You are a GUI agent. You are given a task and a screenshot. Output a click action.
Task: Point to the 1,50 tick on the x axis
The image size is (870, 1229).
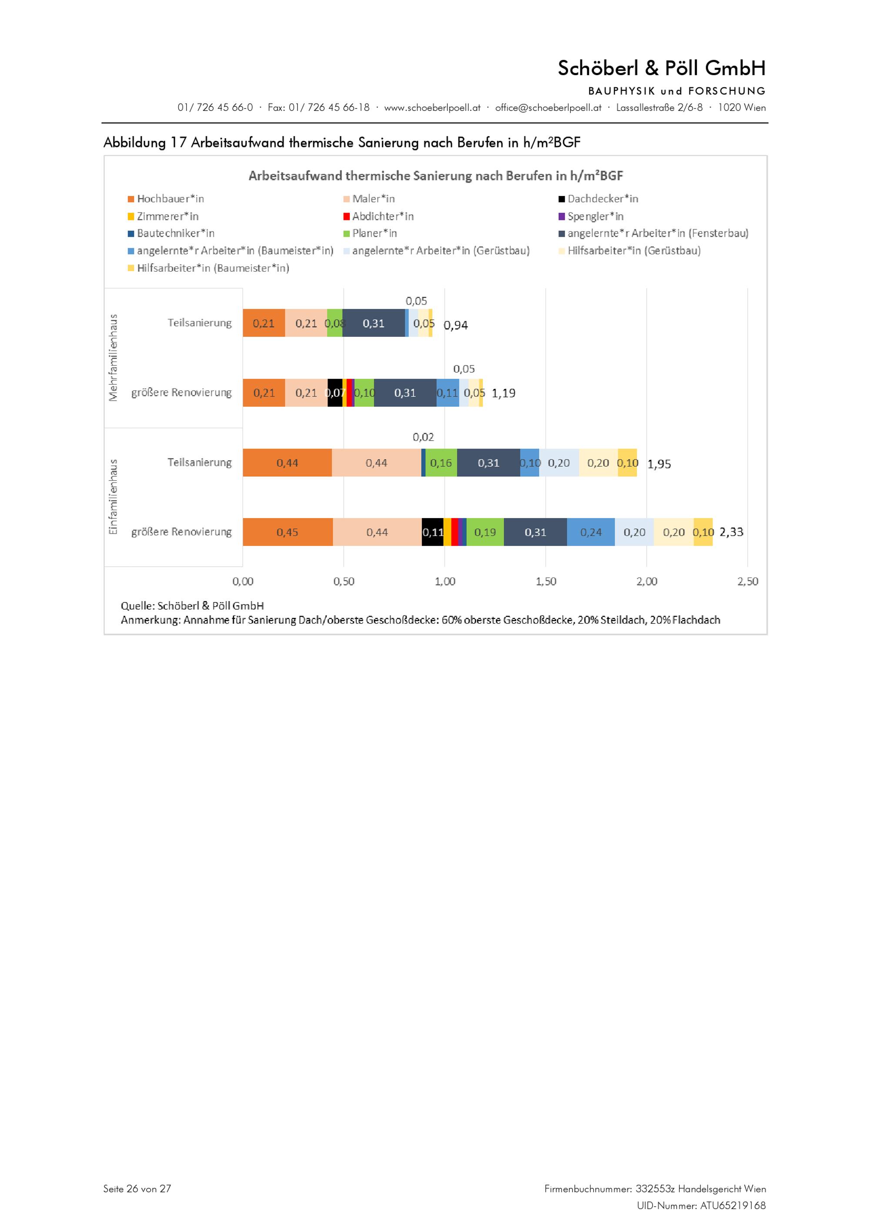point(545,581)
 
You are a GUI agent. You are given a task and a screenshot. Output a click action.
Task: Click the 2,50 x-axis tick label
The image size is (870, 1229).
point(747,581)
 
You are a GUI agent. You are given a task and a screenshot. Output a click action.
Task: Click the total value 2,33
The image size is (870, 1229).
point(731,532)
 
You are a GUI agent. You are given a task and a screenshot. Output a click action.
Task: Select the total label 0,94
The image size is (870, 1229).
point(455,325)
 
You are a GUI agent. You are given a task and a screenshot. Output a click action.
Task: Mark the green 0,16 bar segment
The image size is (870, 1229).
point(441,463)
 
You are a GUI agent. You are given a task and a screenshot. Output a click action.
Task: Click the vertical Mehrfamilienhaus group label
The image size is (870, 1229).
point(113,358)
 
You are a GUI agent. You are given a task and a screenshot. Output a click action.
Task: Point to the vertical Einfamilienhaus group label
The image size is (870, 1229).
point(113,497)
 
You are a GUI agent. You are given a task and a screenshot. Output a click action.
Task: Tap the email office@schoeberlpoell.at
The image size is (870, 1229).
point(548,108)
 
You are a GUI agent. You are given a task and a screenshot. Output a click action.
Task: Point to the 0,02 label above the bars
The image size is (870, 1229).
point(423,437)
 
